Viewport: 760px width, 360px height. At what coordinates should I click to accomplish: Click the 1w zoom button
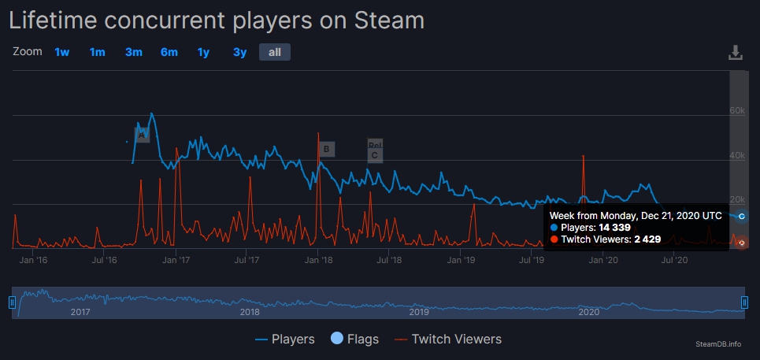click(x=62, y=52)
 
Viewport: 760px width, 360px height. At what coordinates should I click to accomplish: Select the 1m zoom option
click(x=98, y=52)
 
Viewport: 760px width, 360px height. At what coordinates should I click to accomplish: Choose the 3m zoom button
click(x=134, y=52)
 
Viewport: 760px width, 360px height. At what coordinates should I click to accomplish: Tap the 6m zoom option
click(x=169, y=52)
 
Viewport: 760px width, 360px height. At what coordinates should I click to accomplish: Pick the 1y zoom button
click(x=204, y=52)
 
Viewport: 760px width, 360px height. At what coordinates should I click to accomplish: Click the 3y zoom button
click(x=240, y=52)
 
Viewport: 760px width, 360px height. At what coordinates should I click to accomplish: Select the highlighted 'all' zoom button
click(x=275, y=52)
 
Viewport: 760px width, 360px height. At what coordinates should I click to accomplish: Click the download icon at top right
click(x=736, y=53)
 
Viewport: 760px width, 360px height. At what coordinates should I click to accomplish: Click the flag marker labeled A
click(x=142, y=135)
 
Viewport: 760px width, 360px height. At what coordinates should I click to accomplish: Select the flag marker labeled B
click(x=326, y=149)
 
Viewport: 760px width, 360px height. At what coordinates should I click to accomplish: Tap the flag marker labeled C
click(x=375, y=155)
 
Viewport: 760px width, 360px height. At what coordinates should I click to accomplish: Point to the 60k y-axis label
click(x=737, y=110)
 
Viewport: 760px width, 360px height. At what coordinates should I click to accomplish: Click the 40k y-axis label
click(x=737, y=155)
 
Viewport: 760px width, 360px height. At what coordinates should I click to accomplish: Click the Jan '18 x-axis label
click(x=318, y=258)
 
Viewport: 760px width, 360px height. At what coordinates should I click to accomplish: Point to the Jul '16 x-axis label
click(x=105, y=258)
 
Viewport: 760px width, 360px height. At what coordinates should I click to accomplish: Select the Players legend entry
click(x=285, y=340)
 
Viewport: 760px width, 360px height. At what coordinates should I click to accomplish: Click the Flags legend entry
click(x=354, y=340)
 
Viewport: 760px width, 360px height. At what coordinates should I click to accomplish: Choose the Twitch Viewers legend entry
click(x=447, y=340)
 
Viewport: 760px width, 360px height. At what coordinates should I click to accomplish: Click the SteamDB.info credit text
click(x=719, y=344)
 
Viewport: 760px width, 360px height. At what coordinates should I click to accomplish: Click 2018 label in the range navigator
click(x=250, y=312)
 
